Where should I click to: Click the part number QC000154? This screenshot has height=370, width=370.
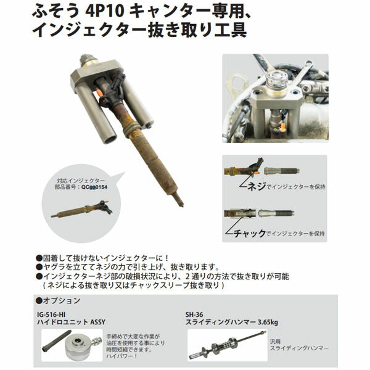click(95, 191)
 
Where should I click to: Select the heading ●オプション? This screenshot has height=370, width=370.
click(58, 300)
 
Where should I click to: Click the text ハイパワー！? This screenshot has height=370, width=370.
click(139, 356)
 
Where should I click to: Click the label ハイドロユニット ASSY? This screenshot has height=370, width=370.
click(73, 322)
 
